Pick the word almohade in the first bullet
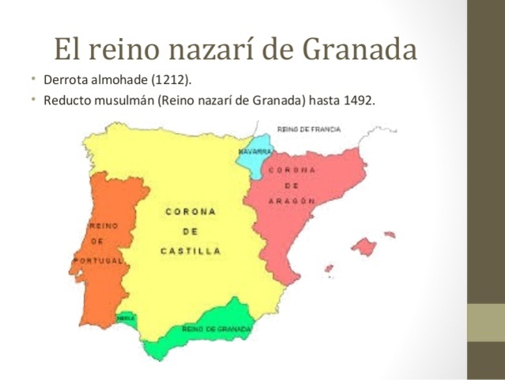tap(122, 82)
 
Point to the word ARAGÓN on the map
tap(292, 201)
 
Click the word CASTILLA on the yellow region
tap(190, 251)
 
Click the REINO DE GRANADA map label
tap(216, 328)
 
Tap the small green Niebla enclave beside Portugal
tap(126, 318)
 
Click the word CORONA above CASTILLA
tap(190, 212)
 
